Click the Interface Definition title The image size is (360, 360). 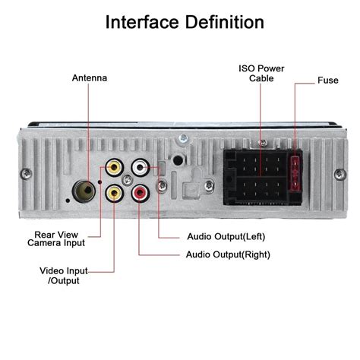(185, 22)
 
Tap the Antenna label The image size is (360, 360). (90, 77)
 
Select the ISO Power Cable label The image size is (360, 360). (261, 73)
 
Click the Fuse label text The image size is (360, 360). (328, 81)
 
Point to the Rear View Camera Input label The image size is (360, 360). (56, 238)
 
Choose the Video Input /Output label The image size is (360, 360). (64, 276)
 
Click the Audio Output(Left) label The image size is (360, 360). (226, 236)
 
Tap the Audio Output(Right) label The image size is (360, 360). (228, 254)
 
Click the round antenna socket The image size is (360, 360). (84, 191)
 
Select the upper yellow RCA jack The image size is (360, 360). (114, 167)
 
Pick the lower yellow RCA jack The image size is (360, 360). (115, 193)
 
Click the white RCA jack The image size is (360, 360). (141, 167)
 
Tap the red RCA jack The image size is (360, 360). (141, 194)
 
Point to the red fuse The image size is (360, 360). (295, 173)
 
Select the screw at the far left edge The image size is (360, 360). (26, 174)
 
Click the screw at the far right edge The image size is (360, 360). (340, 175)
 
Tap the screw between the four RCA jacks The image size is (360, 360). (127, 180)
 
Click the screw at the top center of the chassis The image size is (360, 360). (183, 138)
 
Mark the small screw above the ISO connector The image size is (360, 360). (264, 143)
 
